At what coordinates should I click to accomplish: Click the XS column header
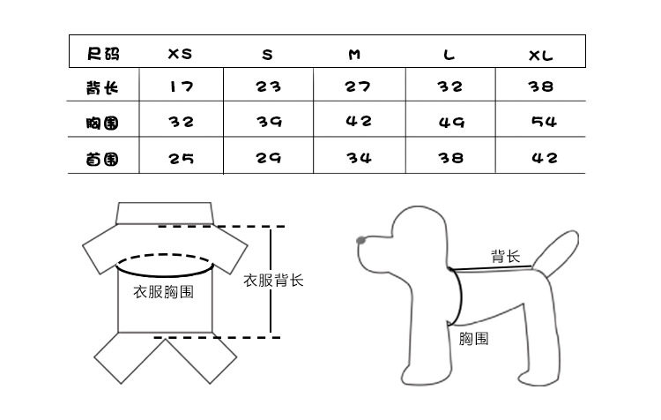pyautogui.click(x=180, y=54)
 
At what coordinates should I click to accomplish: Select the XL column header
pyautogui.click(x=541, y=55)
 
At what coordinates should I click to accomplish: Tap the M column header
pyautogui.click(x=354, y=55)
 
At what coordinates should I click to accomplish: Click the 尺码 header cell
pyautogui.click(x=103, y=54)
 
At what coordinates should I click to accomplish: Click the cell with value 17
pyautogui.click(x=180, y=87)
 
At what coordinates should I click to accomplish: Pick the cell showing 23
pyautogui.click(x=268, y=87)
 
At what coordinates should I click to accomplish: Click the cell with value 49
pyautogui.click(x=451, y=123)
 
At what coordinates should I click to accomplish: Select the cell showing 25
pyautogui.click(x=181, y=159)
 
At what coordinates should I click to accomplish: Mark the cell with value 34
pyautogui.click(x=360, y=158)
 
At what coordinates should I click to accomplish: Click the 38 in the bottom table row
pyautogui.click(x=451, y=158)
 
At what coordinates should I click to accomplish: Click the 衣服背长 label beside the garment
pyautogui.click(x=273, y=281)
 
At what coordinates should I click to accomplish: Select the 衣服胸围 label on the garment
pyautogui.click(x=163, y=292)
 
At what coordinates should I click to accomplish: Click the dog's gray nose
pyautogui.click(x=360, y=239)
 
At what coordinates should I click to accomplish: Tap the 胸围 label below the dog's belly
pyautogui.click(x=474, y=338)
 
